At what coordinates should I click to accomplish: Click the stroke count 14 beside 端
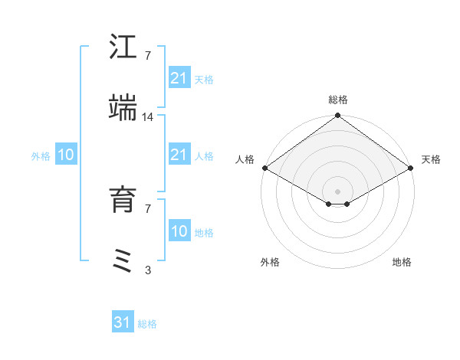(x=148, y=117)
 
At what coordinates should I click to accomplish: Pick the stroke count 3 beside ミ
(x=148, y=270)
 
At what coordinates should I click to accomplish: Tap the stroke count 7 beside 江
(x=148, y=55)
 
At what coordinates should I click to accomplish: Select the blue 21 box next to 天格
(x=179, y=77)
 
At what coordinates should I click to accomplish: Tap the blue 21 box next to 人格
(x=179, y=155)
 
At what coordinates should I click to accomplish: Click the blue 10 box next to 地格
(x=179, y=231)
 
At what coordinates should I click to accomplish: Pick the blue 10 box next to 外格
(x=66, y=155)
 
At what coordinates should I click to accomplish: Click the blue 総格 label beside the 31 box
(x=147, y=324)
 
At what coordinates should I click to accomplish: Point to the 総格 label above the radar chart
(x=337, y=100)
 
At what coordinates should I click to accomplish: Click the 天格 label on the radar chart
(x=431, y=159)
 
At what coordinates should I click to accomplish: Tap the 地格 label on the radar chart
(x=402, y=262)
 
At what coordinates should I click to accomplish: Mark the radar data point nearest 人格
(x=264, y=168)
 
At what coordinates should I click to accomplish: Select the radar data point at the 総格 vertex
(x=337, y=116)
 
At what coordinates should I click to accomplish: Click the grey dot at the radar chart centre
(x=337, y=191)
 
